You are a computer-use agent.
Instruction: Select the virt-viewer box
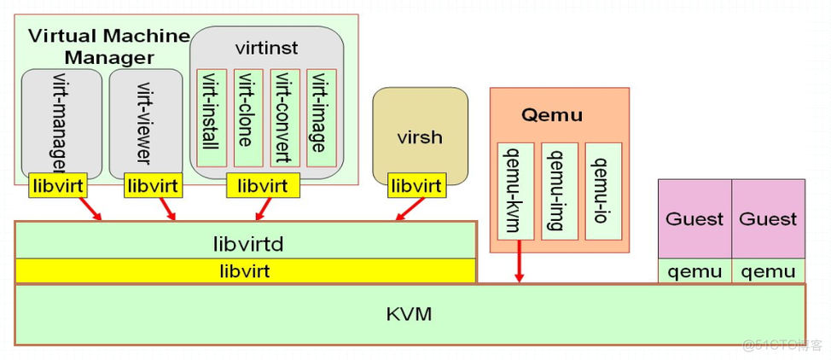click(146, 119)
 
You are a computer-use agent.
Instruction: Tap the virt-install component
click(212, 118)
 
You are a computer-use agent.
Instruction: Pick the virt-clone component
click(248, 118)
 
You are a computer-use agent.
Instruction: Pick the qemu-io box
click(603, 191)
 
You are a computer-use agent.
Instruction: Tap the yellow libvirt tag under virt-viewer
click(151, 185)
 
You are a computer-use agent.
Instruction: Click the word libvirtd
click(247, 244)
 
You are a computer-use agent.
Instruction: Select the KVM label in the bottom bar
click(409, 314)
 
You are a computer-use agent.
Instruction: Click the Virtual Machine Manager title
click(108, 46)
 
